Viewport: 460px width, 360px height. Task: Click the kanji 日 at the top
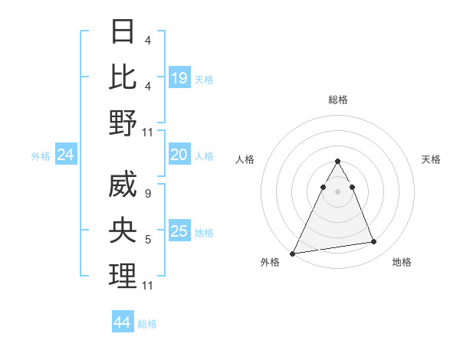[123, 31]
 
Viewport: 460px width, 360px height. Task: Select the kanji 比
[123, 77]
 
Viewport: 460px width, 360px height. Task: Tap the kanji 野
[123, 122]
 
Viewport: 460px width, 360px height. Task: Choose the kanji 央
[123, 231]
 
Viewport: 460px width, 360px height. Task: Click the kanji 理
[123, 276]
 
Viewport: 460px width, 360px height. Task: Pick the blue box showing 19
[179, 77]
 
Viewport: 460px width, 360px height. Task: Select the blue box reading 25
[179, 231]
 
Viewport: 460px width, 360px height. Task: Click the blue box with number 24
[66, 155]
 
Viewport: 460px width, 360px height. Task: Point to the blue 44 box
[123, 322]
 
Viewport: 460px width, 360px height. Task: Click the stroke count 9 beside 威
[147, 195]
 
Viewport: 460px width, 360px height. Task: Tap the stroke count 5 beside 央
[147, 240]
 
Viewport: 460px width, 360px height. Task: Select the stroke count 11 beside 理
[148, 286]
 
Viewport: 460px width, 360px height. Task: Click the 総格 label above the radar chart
[337, 100]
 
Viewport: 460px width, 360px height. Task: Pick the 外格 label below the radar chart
[270, 262]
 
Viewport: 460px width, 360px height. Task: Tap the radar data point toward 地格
[374, 242]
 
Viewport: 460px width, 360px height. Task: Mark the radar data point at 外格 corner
[293, 253]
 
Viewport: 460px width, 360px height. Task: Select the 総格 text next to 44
[147, 324]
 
